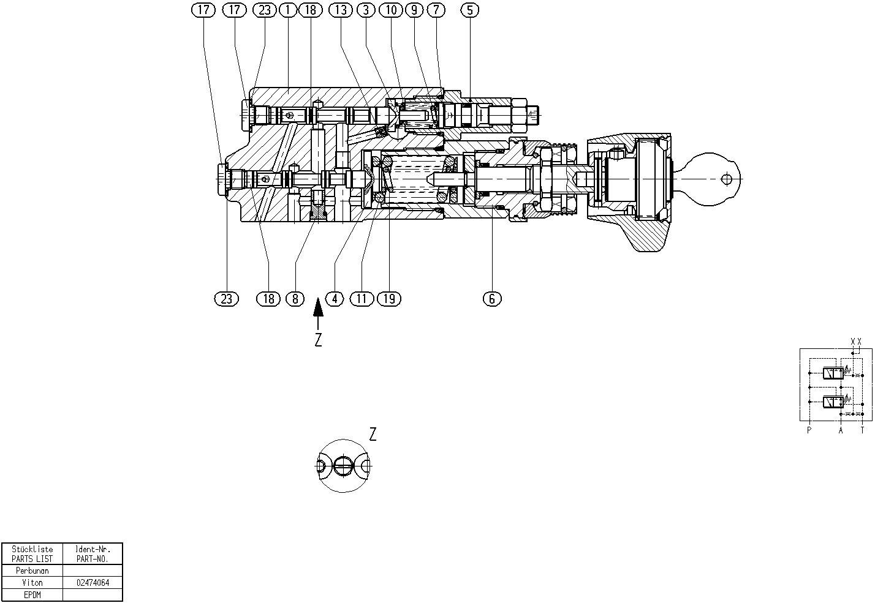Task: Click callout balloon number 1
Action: (x=288, y=10)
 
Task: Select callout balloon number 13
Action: (x=341, y=10)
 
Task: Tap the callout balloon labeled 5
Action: (x=469, y=10)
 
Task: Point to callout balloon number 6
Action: (x=492, y=299)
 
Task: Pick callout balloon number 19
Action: (x=390, y=299)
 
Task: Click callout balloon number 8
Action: (x=295, y=299)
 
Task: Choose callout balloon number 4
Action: (x=335, y=299)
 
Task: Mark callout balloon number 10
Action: (x=392, y=10)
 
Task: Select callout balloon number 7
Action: (x=436, y=10)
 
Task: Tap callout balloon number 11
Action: (x=362, y=299)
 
